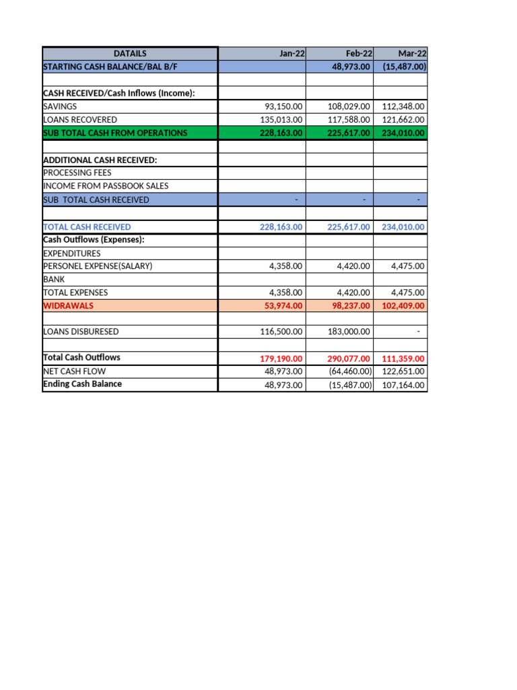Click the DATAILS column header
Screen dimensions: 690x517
coord(130,53)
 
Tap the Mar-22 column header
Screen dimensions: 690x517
coord(412,53)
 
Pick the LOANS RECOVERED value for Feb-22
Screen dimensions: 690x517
coord(349,120)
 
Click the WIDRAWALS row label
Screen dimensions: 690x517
coord(69,306)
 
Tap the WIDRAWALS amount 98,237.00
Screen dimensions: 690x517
coord(349,306)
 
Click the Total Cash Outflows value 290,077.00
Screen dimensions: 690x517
coord(349,358)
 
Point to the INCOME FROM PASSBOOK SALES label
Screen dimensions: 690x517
coord(106,186)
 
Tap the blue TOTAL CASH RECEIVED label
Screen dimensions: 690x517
coord(87,227)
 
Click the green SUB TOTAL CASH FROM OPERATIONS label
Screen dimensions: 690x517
coord(115,133)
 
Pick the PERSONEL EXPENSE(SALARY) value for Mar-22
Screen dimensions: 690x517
coord(408,266)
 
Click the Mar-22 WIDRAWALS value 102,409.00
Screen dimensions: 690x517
coord(403,306)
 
